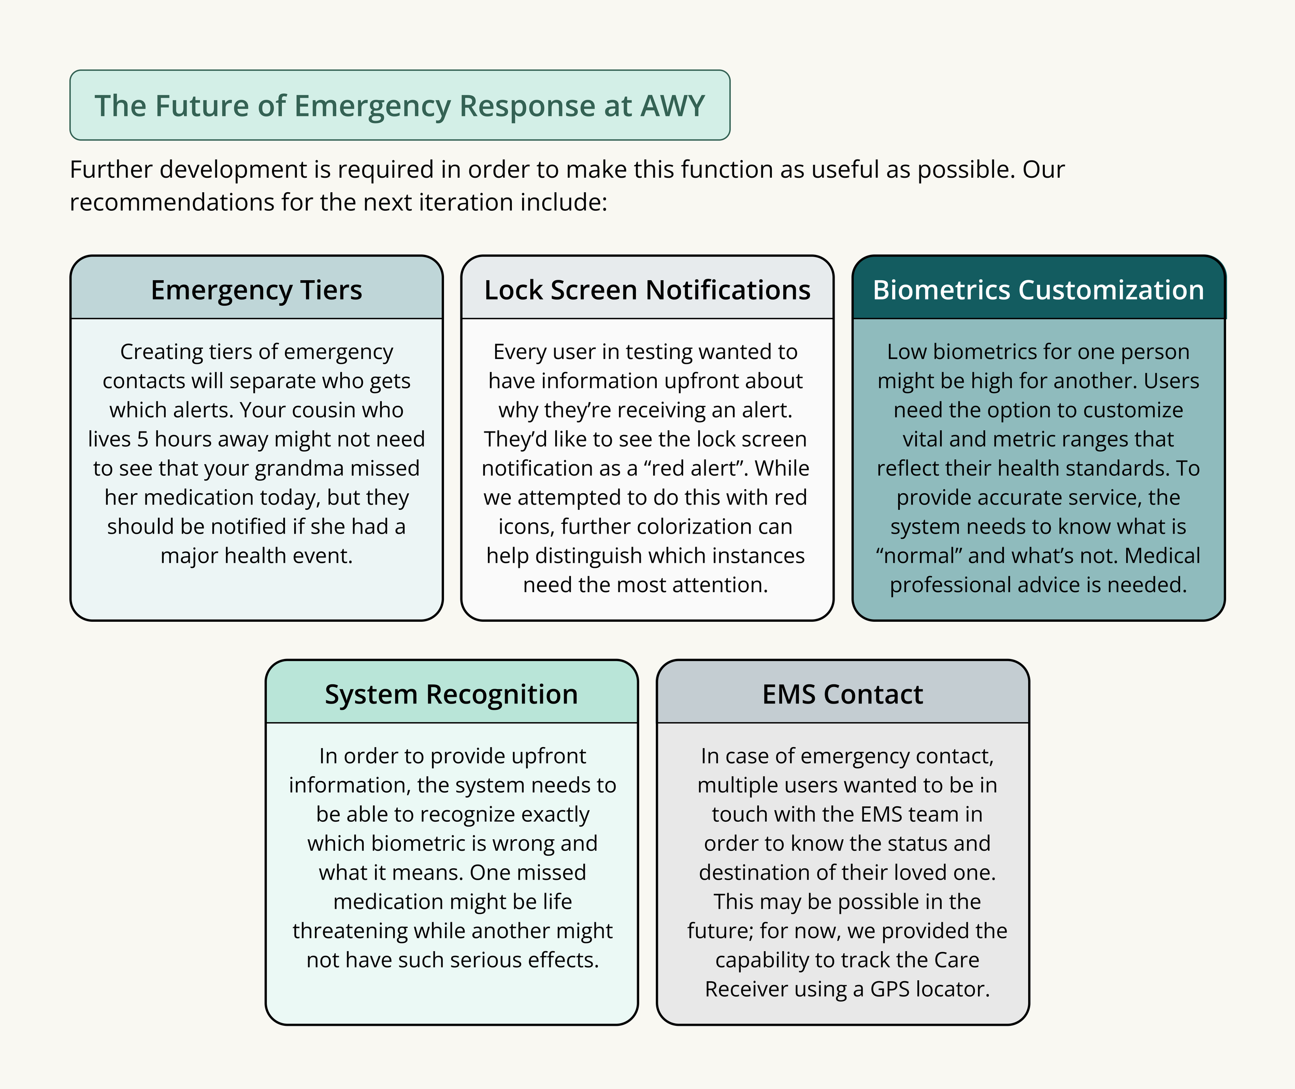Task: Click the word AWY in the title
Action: (x=672, y=106)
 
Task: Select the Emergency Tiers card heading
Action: (x=256, y=290)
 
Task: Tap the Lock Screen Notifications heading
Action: (x=647, y=290)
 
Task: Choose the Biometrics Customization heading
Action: (x=1038, y=290)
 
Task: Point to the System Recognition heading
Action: (x=451, y=695)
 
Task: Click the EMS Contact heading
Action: (x=843, y=695)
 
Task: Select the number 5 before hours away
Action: (x=142, y=439)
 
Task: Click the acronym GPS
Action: (x=890, y=989)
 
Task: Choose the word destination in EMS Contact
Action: (x=753, y=872)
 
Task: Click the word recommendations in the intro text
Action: (x=171, y=203)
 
